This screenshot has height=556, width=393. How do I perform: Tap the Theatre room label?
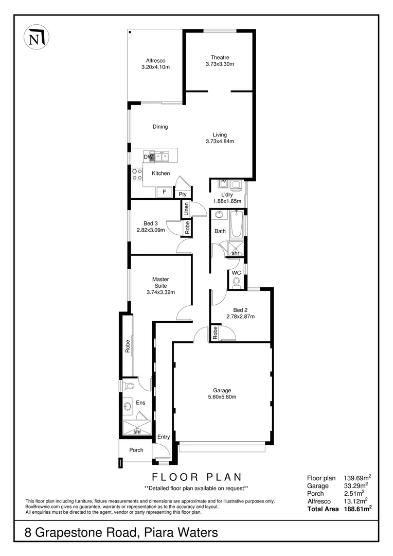(220, 57)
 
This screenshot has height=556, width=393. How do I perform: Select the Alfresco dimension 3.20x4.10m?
(155, 67)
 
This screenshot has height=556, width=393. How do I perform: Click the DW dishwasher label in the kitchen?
(148, 157)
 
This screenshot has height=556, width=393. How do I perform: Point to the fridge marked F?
(164, 192)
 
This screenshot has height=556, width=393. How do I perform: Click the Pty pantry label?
(183, 194)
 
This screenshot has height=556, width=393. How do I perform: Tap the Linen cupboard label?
(187, 208)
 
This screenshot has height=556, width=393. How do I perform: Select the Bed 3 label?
(151, 223)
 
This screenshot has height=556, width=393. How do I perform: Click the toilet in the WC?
(237, 282)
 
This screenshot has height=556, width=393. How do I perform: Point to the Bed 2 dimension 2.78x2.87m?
(240, 317)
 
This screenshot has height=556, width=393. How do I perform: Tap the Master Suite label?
(160, 283)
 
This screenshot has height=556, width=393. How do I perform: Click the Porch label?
(136, 450)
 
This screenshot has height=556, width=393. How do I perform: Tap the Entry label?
(164, 437)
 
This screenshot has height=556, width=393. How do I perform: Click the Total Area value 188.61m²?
(358, 508)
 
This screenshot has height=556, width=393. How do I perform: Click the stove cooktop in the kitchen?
(137, 174)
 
